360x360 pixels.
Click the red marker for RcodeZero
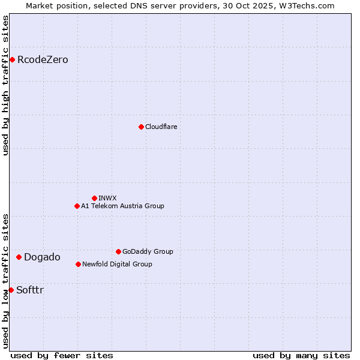pos(12,59)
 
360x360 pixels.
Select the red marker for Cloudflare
pos(141,127)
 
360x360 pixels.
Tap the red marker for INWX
pos(94,198)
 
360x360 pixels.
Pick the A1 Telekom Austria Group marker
pos(77,206)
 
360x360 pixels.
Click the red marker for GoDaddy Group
pos(118,251)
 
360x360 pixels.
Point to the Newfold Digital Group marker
pos(78,264)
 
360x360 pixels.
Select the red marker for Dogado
pos(19,257)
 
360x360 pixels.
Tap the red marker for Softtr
pos(11,290)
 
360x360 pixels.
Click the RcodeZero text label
pos(43,59)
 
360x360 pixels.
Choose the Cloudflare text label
pos(161,127)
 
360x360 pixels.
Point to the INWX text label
pos(107,198)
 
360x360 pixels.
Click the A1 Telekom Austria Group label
pos(122,206)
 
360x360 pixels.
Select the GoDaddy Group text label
pos(148,251)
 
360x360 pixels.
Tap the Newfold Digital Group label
pos(117,264)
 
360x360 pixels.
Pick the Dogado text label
pos(42,257)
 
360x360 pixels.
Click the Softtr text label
pos(30,290)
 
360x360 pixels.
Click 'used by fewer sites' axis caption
pos(62,355)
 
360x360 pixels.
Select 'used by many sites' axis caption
pos(301,355)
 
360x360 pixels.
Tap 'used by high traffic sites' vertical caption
pos(5,85)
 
